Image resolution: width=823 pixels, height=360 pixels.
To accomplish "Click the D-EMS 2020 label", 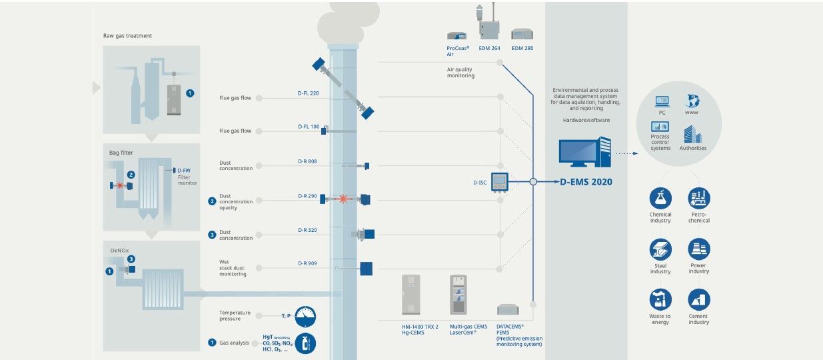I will (x=586, y=181).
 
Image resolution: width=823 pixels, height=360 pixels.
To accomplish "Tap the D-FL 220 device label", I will (x=308, y=93).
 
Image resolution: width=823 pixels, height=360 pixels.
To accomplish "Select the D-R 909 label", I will (x=307, y=263).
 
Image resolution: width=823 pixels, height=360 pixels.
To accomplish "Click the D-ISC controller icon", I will (x=500, y=182).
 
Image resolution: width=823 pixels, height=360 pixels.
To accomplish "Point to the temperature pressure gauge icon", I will (x=305, y=316).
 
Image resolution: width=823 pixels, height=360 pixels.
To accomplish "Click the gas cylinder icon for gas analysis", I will (x=305, y=343).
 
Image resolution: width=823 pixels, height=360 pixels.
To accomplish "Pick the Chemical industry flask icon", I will (x=660, y=198).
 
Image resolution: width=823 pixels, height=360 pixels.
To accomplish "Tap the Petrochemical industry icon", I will (x=699, y=198).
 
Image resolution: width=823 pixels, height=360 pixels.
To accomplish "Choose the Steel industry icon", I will (x=660, y=249).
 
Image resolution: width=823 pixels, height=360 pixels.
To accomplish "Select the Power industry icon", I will (x=699, y=249).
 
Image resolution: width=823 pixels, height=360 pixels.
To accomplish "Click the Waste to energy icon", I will (x=660, y=299).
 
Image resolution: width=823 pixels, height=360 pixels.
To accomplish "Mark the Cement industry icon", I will (x=699, y=299).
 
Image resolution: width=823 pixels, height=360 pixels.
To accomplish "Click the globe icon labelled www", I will (x=691, y=101).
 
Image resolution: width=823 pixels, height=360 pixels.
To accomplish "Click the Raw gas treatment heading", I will (x=127, y=35).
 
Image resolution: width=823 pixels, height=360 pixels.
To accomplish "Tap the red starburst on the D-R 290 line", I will (x=343, y=199).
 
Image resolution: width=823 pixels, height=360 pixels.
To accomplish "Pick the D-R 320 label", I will (x=307, y=230).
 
